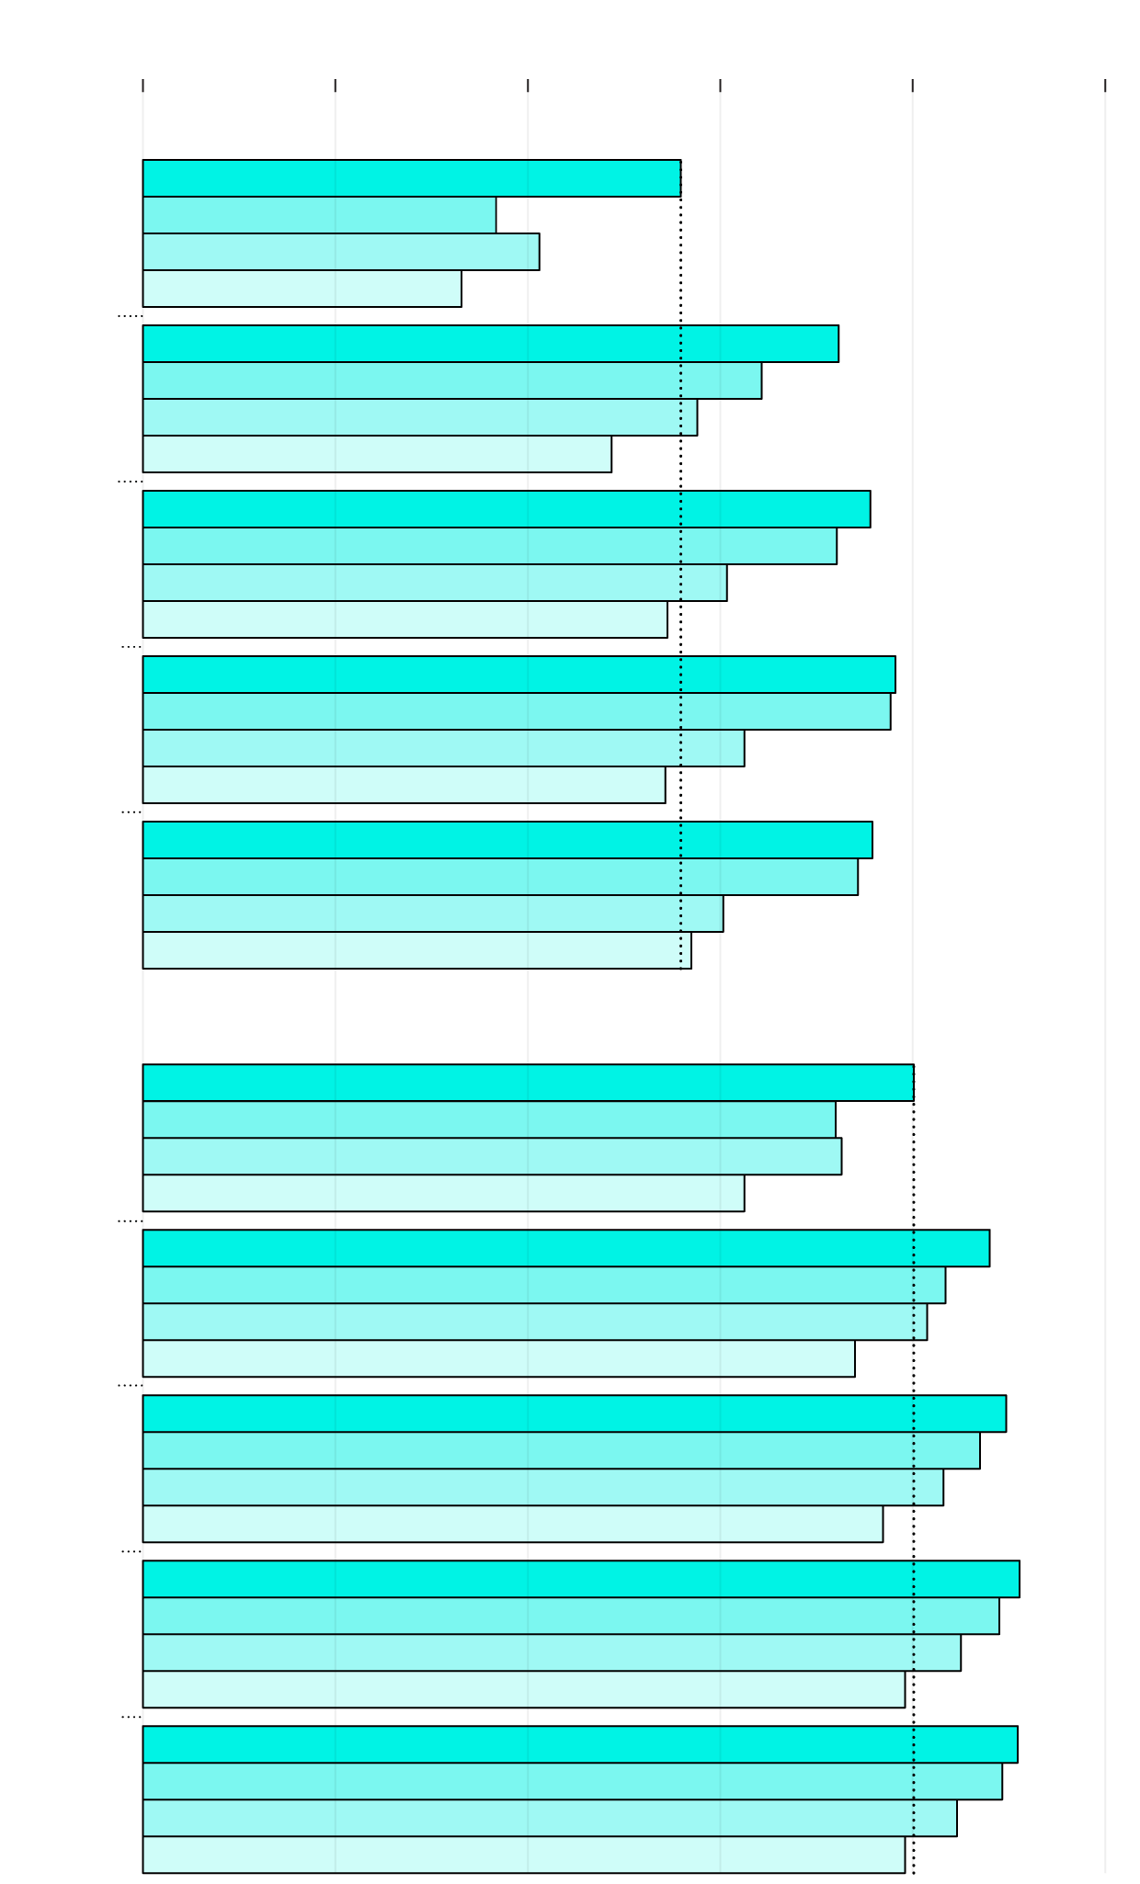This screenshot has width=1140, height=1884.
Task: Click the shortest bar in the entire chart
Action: click(302, 289)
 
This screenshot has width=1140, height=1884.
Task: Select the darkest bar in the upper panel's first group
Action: click(411, 178)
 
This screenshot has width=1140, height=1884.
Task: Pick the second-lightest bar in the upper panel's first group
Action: click(340, 252)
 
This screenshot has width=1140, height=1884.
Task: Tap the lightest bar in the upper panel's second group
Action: click(377, 454)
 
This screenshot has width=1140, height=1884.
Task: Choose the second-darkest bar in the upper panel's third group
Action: click(489, 546)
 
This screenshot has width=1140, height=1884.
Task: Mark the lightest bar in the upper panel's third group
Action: click(405, 619)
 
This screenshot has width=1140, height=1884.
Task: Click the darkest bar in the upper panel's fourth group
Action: click(519, 675)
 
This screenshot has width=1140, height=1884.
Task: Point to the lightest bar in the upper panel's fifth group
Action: click(416, 950)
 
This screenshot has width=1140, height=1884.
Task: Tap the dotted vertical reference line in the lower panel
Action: click(914, 1470)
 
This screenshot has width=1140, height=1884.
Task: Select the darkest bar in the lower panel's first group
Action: click(528, 1083)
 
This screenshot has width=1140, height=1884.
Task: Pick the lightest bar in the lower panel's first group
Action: click(443, 1193)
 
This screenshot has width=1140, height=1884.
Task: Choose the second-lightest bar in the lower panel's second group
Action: click(534, 1322)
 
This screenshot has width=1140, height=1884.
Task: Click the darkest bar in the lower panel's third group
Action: click(574, 1413)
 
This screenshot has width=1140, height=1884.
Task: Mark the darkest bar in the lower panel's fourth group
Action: click(580, 1579)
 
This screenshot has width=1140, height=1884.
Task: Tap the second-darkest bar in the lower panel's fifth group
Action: click(572, 1781)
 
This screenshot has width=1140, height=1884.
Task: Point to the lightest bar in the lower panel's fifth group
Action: click(523, 1855)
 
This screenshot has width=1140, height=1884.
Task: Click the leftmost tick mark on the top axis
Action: click(143, 85)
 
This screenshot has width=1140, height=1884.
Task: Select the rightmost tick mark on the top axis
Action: click(1105, 85)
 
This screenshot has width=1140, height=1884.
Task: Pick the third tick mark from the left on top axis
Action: click(528, 85)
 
